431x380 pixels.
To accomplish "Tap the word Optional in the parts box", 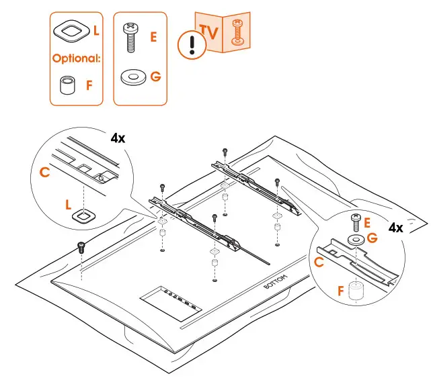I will pyautogui.click(x=77, y=58).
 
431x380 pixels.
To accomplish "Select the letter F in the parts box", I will pyautogui.click(x=89, y=85).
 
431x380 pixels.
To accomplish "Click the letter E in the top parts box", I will pyautogui.click(x=153, y=38).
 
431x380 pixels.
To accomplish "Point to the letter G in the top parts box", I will pyautogui.click(x=155, y=76).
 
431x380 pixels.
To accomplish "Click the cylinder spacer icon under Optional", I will pyautogui.click(x=66, y=87).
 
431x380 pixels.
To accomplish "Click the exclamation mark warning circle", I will pyautogui.click(x=192, y=46).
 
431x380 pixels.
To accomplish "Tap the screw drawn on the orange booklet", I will pyautogui.click(x=236, y=32).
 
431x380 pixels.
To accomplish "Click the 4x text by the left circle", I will pyautogui.click(x=118, y=138).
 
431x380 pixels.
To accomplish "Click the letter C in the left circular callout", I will pyautogui.click(x=45, y=173).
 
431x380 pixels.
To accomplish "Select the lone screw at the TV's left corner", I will pyautogui.click(x=81, y=246).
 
